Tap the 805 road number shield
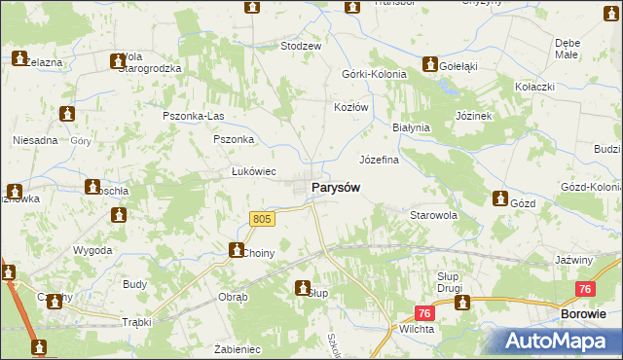263,221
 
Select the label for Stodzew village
301,46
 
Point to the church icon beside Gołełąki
429,64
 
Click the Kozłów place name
350,107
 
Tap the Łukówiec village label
254,171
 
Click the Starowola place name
434,214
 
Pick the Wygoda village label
93,250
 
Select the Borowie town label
584,313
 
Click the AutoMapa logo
563,341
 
